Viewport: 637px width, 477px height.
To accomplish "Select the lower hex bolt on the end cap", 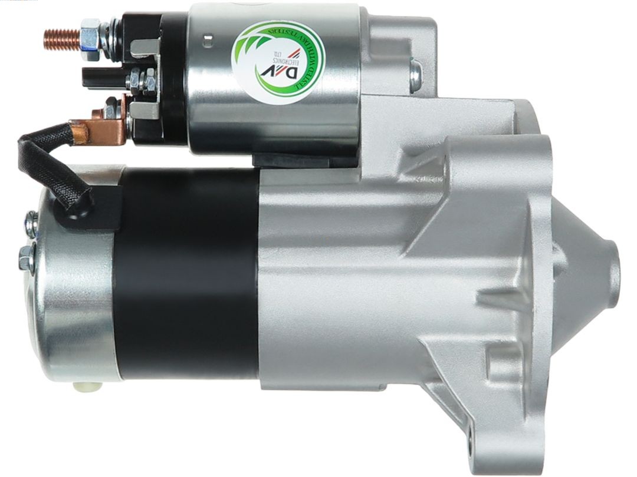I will [x=27, y=257].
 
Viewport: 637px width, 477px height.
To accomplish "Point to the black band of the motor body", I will [x=186, y=274].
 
